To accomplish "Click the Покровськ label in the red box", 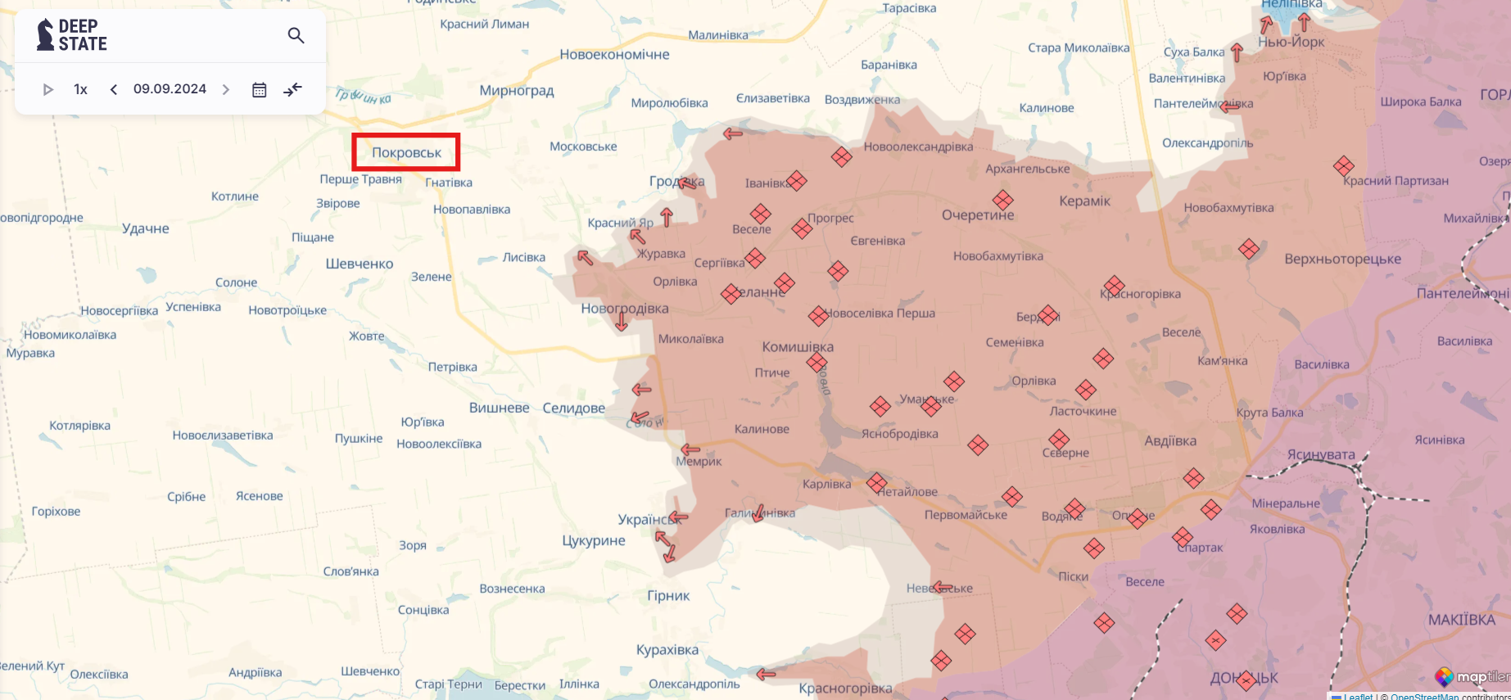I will pos(406,152).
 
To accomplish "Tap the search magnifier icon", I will pos(296,35).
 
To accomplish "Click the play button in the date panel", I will pos(48,89).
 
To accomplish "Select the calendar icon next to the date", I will pos(259,89).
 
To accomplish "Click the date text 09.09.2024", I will pos(170,88).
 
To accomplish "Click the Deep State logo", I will pos(72,35).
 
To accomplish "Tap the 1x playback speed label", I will pos(80,89).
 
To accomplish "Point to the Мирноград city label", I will pos(517,90).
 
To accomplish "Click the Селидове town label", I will pos(573,408).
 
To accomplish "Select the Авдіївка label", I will pos(1169,440).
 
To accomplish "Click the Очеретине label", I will pos(978,215).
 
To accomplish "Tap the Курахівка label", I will pos(667,649).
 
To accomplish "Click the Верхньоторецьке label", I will pos(1342,259).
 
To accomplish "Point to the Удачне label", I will pos(146,228).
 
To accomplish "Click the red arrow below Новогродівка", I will pos(622,322).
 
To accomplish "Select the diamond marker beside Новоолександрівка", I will pos(841,156).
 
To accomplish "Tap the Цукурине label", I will pos(594,540).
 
